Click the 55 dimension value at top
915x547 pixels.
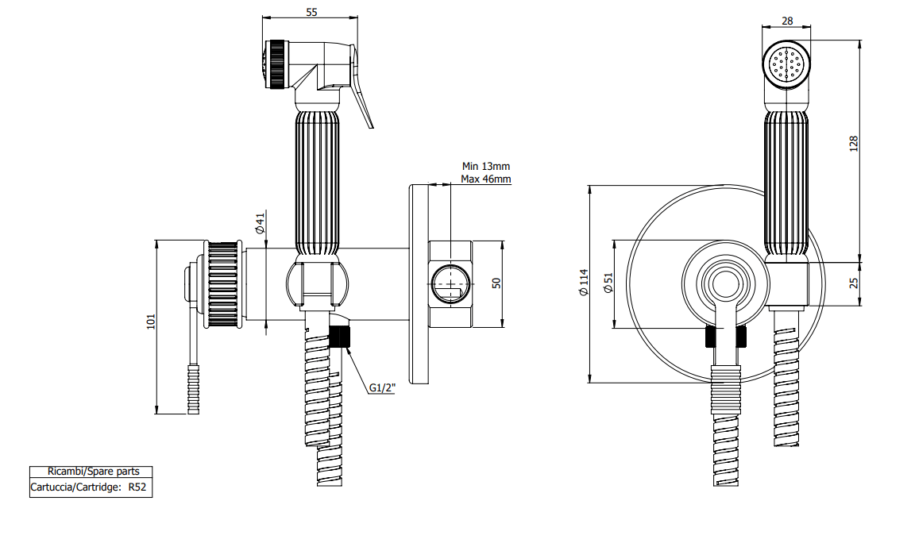pyautogui.click(x=311, y=12)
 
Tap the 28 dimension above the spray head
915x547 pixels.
pyautogui.click(x=787, y=21)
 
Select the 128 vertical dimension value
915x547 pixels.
pyautogui.click(x=854, y=144)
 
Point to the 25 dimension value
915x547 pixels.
pyautogui.click(x=854, y=283)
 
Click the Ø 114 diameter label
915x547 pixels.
pyautogui.click(x=584, y=283)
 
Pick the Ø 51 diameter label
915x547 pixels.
pyautogui.click(x=608, y=283)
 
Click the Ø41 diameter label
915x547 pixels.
pyautogui.click(x=261, y=223)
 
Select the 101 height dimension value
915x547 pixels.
pyautogui.click(x=151, y=322)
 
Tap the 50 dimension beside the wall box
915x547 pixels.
pyautogui.click(x=496, y=283)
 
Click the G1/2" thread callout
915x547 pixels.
pyautogui.click(x=382, y=387)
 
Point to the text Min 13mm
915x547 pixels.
pyautogui.click(x=486, y=167)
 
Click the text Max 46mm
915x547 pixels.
pyautogui.click(x=486, y=179)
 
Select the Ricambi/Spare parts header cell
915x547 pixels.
pyautogui.click(x=94, y=472)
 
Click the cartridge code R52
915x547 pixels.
pyautogui.click(x=137, y=487)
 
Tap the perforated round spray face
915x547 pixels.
pyautogui.click(x=786, y=65)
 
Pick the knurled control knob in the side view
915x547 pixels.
pyautogui.click(x=221, y=284)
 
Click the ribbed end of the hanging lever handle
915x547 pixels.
pyautogui.click(x=193, y=390)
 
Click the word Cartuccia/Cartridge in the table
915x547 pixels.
pyautogui.click(x=76, y=487)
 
